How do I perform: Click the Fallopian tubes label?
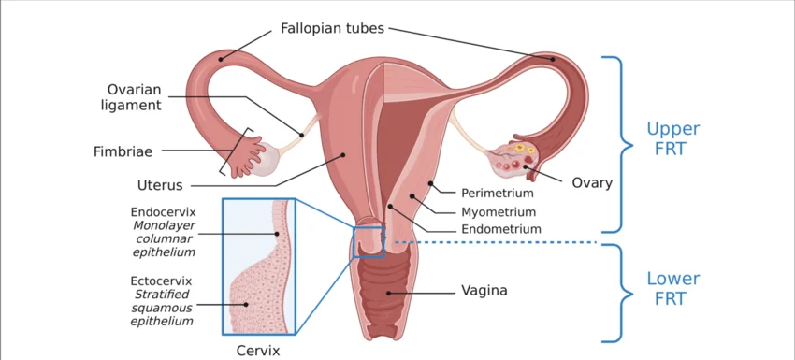pos(332,28)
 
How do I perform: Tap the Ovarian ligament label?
pos(135,97)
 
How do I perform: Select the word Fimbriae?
pos(123,151)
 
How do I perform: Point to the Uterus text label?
pos(160,185)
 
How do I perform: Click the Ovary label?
pos(592,183)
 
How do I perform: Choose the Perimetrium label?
pos(498,194)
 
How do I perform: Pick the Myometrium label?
pos(499,211)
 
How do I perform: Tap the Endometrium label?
pos(501,229)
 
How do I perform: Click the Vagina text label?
pos(484,291)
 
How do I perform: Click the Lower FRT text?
pos(672,288)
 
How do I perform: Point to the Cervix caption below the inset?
pos(258,351)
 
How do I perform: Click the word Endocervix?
pos(163,212)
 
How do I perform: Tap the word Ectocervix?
pos(161,281)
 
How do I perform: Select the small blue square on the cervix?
pos(369,242)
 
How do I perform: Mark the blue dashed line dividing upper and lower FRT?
pos(496,242)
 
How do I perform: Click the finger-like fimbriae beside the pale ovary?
pos(247,154)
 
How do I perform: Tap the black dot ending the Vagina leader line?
pos(389,293)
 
